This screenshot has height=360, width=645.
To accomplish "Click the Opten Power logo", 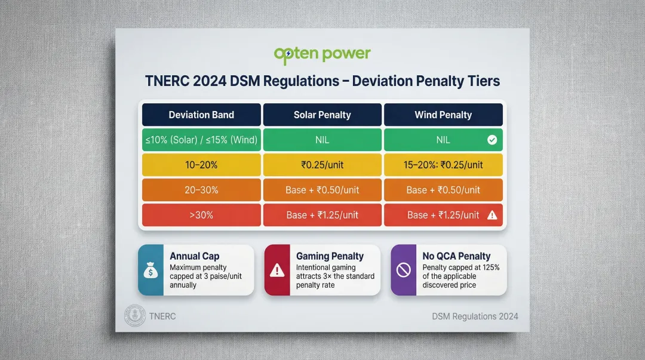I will point(322,55).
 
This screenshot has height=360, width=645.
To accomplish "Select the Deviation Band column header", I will point(201,115).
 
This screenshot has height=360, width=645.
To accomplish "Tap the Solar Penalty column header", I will point(322,115).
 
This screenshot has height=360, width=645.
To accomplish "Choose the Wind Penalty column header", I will point(443,115).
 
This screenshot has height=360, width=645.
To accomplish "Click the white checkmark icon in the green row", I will point(492,140).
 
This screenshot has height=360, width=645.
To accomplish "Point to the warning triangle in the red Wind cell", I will point(492,216).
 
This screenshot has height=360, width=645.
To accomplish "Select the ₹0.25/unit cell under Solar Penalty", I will point(322,165).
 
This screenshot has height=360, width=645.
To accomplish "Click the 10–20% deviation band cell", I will point(201,165).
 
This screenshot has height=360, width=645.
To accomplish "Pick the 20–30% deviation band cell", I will point(201,190).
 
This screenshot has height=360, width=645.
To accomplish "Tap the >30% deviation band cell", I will point(201,215).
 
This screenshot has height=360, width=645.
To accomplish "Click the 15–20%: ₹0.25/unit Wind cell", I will point(443,165).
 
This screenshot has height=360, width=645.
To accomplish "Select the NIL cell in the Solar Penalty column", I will point(322,140).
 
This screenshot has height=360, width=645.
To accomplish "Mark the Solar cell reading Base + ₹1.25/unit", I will point(322,215).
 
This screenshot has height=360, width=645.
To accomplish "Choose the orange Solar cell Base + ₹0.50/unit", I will point(322,190).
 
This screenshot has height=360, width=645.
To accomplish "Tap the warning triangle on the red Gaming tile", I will point(277,270).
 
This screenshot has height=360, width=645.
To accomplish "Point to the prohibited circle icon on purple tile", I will point(404,270).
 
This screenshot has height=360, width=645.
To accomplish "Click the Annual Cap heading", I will point(195,256).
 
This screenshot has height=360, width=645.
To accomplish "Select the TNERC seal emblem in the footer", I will point(135,316).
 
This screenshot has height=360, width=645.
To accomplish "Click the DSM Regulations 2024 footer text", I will point(475,316).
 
